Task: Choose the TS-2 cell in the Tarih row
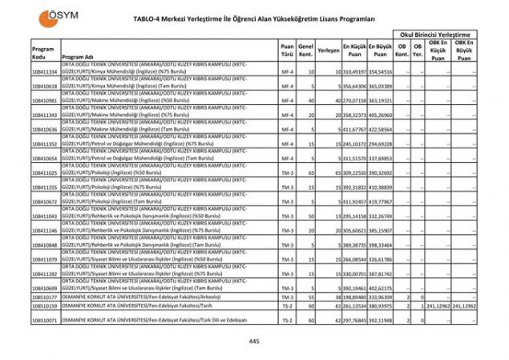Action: [x=287, y=305]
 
